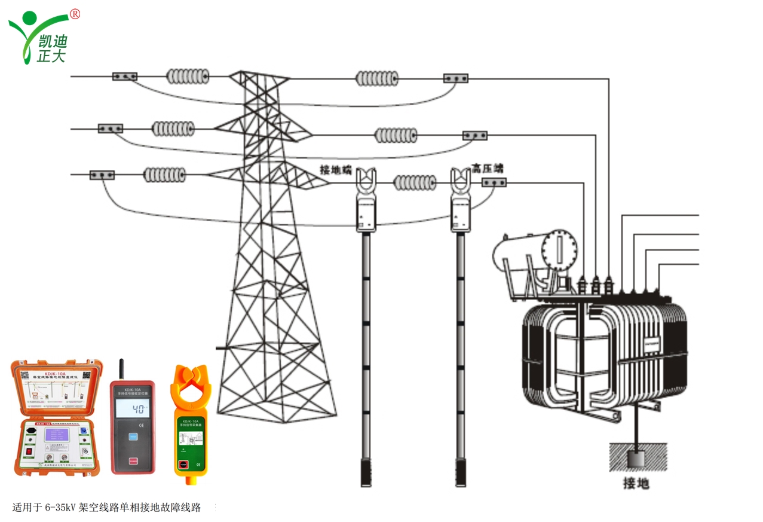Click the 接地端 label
(335, 170)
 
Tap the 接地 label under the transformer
(636, 483)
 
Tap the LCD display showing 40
(133, 410)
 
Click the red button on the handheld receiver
(133, 461)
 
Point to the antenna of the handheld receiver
(121, 370)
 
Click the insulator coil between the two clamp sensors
(415, 182)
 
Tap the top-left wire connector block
(125, 77)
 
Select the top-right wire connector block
(455, 78)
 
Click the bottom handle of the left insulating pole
(366, 472)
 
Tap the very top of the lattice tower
(259, 74)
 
